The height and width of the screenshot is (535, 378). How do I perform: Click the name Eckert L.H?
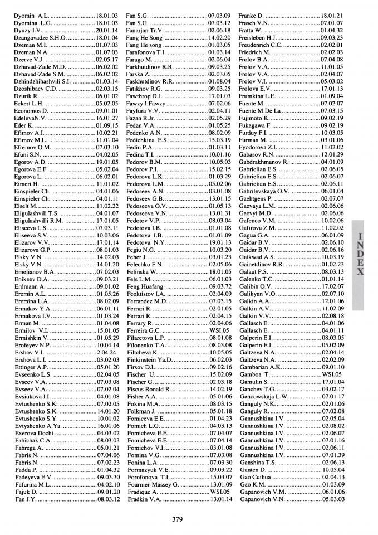(29, 104)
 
